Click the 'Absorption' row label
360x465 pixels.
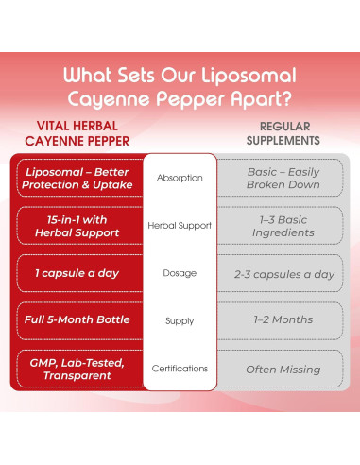click(180, 177)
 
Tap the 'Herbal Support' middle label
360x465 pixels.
click(180, 226)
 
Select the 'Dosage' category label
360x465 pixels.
click(180, 273)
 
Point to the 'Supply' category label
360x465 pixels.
click(180, 321)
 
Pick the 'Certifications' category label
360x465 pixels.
click(180, 370)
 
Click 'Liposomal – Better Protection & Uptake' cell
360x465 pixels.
click(77, 178)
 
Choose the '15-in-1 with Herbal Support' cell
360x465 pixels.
click(77, 226)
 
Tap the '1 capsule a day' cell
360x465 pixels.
click(77, 273)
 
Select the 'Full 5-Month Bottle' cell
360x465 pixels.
click(77, 321)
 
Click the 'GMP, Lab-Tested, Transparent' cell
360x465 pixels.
click(77, 370)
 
